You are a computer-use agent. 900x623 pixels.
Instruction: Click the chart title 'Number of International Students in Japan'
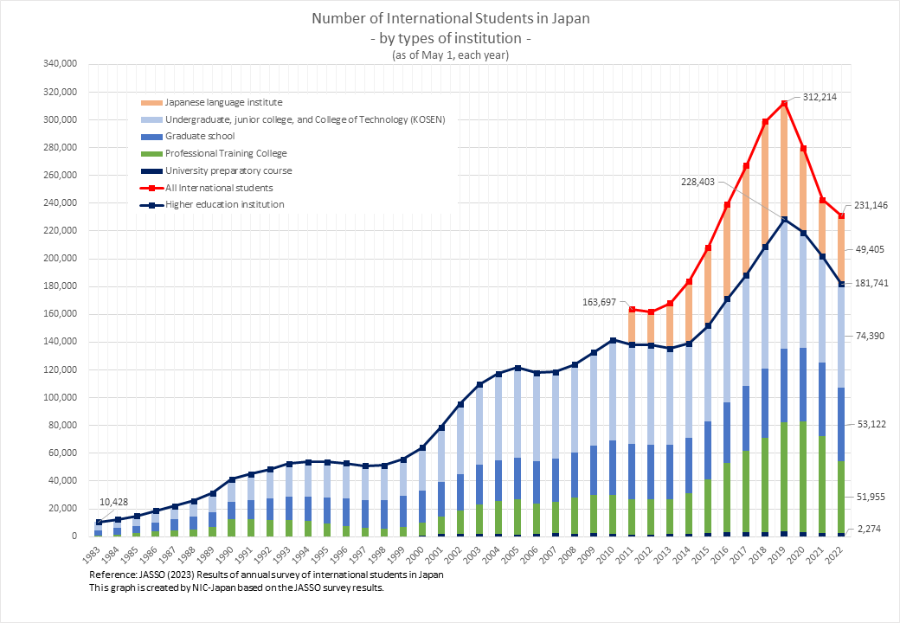click(449, 18)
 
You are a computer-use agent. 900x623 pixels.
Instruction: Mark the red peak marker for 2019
click(784, 104)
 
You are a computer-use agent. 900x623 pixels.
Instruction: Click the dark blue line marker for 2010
click(613, 340)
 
